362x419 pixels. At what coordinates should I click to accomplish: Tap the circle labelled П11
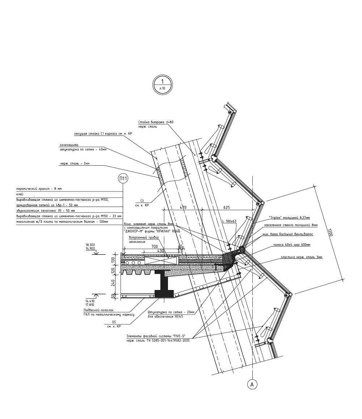tap(123, 178)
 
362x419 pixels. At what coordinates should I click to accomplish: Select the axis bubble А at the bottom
tap(252, 385)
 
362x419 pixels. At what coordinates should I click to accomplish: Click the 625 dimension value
tap(227, 207)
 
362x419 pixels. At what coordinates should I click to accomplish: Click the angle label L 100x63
tap(229, 221)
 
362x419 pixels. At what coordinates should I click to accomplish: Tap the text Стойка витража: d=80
tap(156, 122)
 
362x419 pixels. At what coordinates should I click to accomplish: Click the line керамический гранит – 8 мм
tap(39, 189)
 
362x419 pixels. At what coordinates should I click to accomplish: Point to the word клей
tap(20, 194)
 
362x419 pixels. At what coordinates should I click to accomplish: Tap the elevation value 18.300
tap(90, 245)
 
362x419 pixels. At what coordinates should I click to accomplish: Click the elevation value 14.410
tap(90, 301)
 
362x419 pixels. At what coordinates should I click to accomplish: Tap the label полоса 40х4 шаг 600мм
tap(292, 245)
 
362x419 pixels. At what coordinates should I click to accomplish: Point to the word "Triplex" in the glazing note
tap(277, 218)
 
